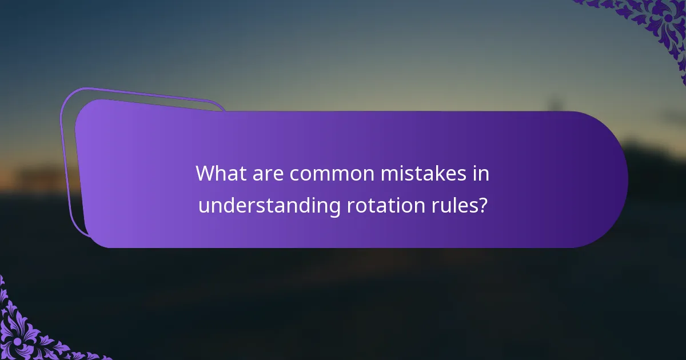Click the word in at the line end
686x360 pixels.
[482, 174]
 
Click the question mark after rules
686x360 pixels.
[484, 205]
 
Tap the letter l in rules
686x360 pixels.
[456, 205]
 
